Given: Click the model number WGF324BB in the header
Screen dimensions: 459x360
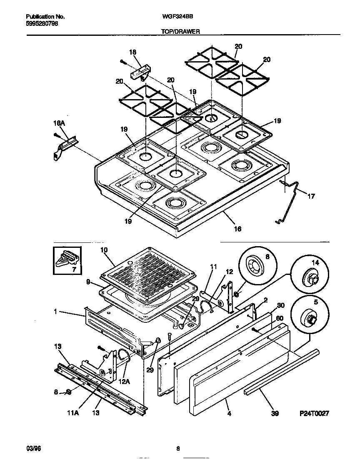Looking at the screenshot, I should click(180, 17).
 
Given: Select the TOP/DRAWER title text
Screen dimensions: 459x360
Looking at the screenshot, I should click(180, 31).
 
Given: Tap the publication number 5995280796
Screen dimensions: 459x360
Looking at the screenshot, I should click(42, 24).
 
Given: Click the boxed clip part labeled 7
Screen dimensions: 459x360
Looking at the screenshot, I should click(67, 261).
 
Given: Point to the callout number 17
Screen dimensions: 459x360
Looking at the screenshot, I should click(311, 195).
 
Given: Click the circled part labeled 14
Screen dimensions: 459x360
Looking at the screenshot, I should click(310, 276).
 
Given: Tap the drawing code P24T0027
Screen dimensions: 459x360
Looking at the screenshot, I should click(315, 414).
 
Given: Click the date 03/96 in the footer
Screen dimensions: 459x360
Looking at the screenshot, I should click(32, 449).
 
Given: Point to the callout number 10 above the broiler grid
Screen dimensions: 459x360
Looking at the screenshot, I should click(104, 250).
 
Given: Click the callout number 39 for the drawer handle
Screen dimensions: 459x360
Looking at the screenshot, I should click(274, 414).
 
